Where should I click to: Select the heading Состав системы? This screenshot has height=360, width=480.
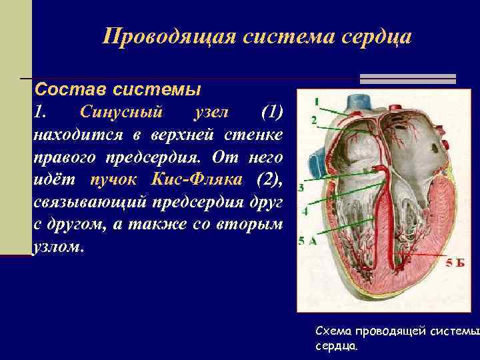click(x=117, y=89)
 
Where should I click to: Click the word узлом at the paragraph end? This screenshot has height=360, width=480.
click(x=58, y=247)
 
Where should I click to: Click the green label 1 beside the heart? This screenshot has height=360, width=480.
click(x=317, y=101)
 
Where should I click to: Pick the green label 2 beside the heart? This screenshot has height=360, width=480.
click(x=313, y=120)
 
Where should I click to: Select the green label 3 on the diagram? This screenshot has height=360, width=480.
click(x=301, y=188)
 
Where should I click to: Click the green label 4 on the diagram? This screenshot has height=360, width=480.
click(x=305, y=211)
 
